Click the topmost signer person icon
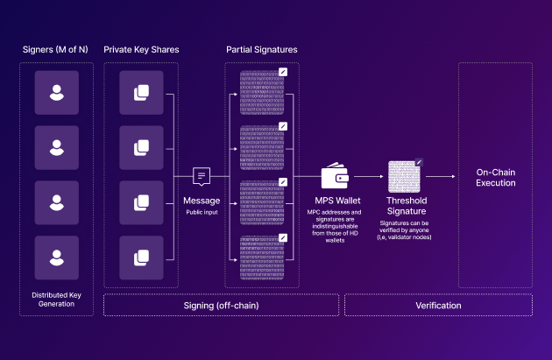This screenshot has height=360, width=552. coord(57,93)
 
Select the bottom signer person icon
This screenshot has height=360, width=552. coord(57,258)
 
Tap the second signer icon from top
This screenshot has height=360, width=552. coord(57,148)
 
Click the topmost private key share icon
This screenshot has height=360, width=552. coord(141,93)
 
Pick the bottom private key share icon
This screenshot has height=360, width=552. coord(141,258)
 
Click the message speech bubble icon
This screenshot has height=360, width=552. coord(202,178)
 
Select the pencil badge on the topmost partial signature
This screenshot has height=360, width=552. coord(282,72)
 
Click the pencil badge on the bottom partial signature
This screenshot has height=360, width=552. coord(282,236)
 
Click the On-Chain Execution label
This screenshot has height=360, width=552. coord(495,177)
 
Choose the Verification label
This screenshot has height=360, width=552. coord(438,305)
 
